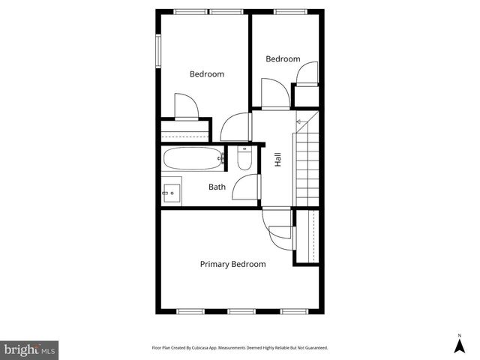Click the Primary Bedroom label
tap(232, 264)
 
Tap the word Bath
tap(217, 187)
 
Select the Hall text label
tap(277, 159)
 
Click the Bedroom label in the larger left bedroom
tap(206, 73)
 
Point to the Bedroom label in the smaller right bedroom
tap(283, 58)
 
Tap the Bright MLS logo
tap(29, 349)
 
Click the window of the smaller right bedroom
tap(286, 11)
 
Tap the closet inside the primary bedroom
tap(305, 236)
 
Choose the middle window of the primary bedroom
tap(240, 310)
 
